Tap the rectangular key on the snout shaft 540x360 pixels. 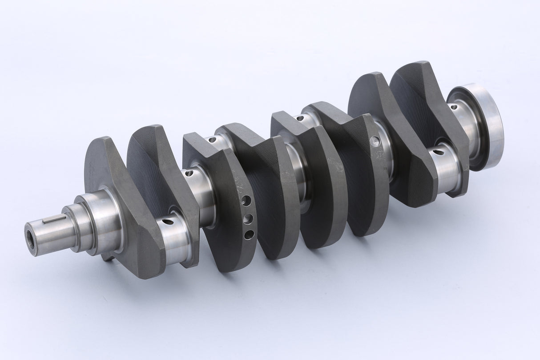[x=54, y=218]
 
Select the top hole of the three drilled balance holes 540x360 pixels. [x=246, y=201]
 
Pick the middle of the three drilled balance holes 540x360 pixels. [x=248, y=218]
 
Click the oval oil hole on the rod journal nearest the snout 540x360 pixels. [x=168, y=221]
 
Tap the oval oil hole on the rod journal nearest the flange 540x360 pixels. [x=438, y=152]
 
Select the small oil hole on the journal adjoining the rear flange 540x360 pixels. [x=454, y=107]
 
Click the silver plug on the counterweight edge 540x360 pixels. [x=375, y=142]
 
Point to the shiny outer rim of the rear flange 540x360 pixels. [x=492, y=125]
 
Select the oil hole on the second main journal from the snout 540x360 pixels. [x=189, y=173]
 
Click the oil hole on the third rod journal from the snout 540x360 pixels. [x=300, y=118]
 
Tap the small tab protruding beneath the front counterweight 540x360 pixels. [x=107, y=257]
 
